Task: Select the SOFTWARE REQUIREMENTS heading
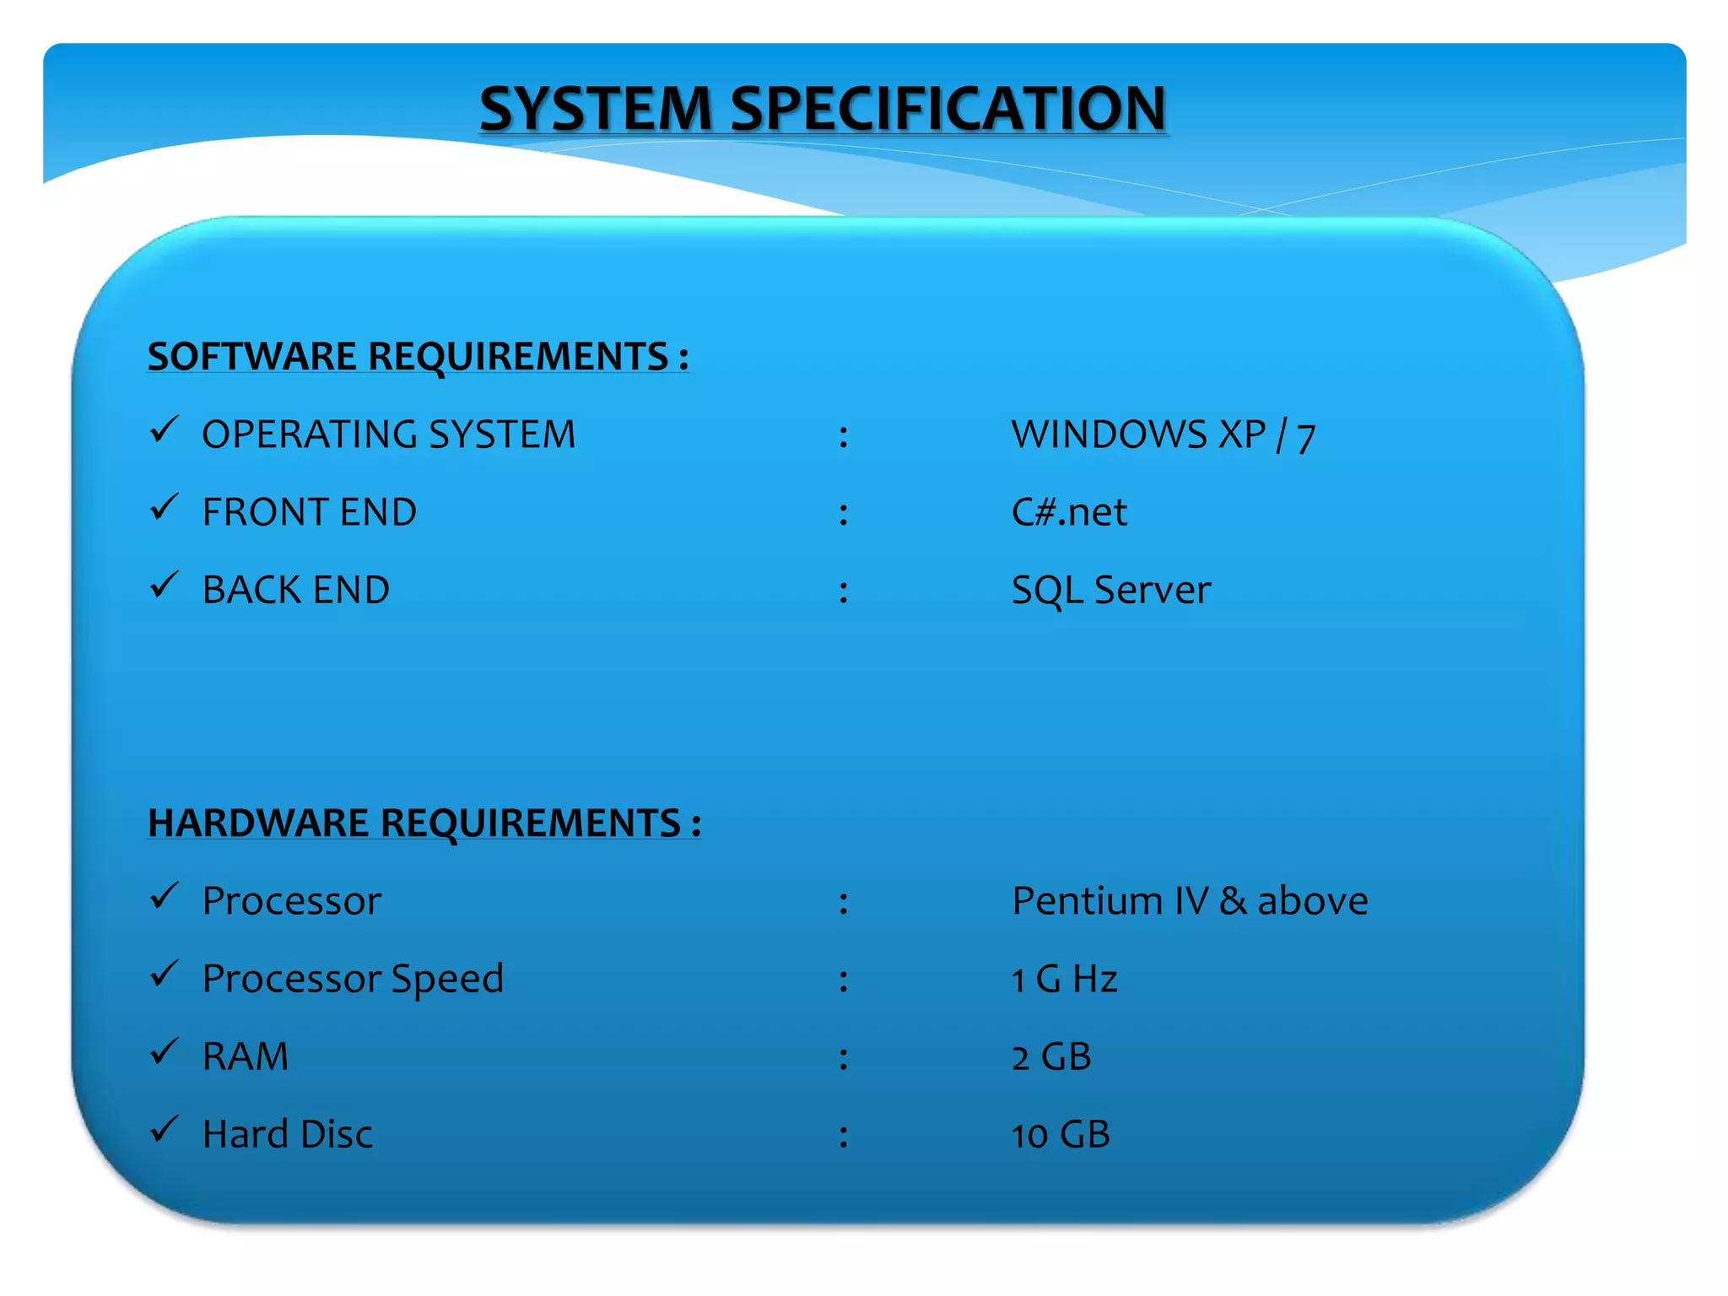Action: (418, 356)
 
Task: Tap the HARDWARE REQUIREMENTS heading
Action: (424, 823)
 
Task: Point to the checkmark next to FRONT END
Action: (164, 507)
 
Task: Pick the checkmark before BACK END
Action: (164, 585)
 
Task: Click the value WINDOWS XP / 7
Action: (1164, 435)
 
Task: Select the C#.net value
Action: (1069, 512)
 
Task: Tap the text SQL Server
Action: (1110, 590)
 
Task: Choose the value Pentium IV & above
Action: (1190, 901)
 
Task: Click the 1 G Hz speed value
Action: (1064, 979)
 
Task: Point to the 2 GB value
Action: (1051, 1056)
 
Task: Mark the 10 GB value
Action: (1061, 1134)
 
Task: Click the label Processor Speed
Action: (353, 979)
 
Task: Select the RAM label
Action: (246, 1056)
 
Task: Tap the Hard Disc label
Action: (288, 1134)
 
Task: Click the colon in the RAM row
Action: (843, 1058)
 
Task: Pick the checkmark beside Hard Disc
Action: (164, 1129)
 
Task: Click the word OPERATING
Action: (309, 435)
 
